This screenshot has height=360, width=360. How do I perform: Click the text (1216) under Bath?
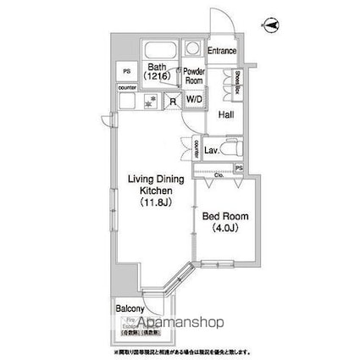pos(157,75)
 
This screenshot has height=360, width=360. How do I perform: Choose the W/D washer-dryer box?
pos(194,99)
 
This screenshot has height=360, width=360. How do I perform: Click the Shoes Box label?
pos(239,80)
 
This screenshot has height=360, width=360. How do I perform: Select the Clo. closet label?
pos(219,174)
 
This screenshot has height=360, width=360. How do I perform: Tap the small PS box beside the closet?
pos(239,169)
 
